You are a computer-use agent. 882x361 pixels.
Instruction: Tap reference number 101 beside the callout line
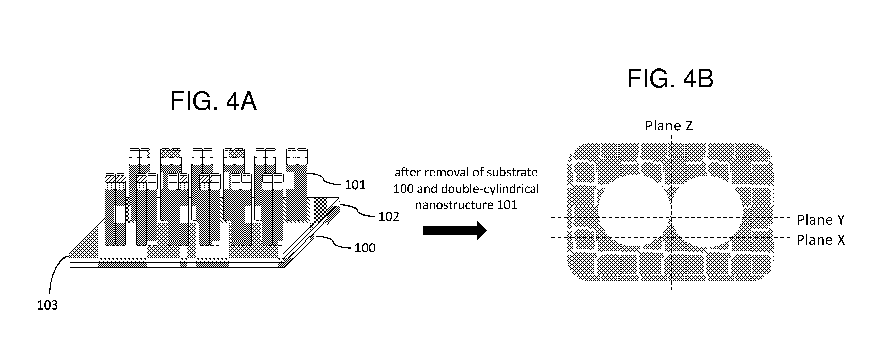click(x=355, y=185)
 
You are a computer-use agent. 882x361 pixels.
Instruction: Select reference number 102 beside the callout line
click(x=389, y=217)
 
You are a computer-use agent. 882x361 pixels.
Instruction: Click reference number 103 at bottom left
click(x=47, y=305)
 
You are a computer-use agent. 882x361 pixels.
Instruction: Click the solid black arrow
click(x=455, y=231)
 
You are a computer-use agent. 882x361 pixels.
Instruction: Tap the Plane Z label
click(x=669, y=126)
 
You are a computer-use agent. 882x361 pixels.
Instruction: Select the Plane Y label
click(x=821, y=220)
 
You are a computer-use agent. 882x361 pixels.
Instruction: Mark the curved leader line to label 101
click(x=324, y=179)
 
